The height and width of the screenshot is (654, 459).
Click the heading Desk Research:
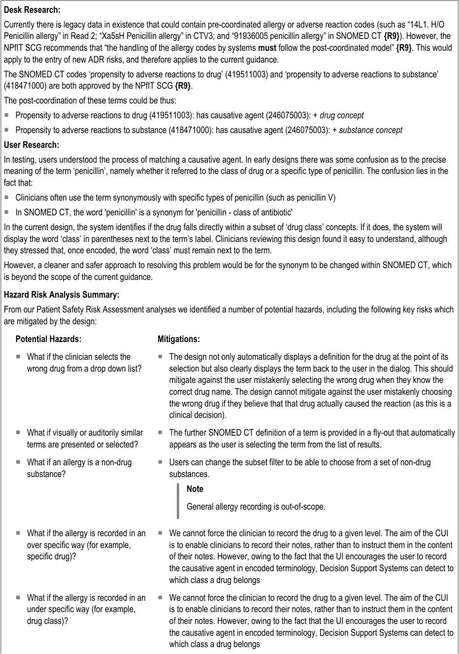pos(32,10)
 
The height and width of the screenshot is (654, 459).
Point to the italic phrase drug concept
pos(341,115)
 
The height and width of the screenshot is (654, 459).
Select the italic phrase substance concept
pos(370,130)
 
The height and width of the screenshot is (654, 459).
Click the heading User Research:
pos(31,145)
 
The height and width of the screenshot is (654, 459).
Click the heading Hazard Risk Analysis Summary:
pos(62,295)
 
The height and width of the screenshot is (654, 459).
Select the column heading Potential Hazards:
pos(48,339)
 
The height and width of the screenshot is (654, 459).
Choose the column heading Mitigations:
pos(178,339)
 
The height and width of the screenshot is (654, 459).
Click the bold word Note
pos(195,489)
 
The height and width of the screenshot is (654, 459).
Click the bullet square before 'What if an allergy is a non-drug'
pos(18,463)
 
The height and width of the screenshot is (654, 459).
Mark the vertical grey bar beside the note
pos(178,500)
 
